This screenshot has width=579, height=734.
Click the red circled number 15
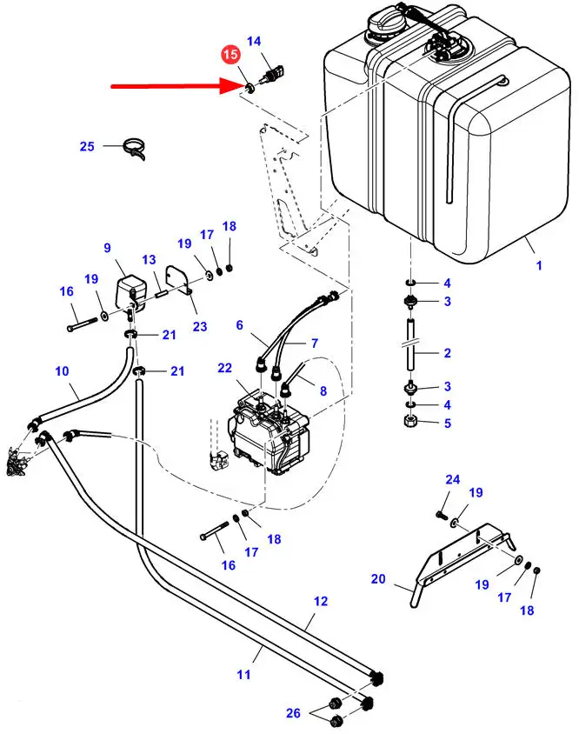tap(230, 55)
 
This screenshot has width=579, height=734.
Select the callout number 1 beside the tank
tap(538, 265)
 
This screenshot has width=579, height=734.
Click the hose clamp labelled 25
tap(132, 148)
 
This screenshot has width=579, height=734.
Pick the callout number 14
tap(254, 41)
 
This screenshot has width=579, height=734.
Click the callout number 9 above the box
tap(108, 248)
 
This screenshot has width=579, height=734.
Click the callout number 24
tap(452, 479)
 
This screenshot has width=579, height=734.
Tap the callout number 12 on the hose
tap(320, 601)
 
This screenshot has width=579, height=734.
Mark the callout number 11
tap(244, 674)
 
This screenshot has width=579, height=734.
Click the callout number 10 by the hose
tap(62, 371)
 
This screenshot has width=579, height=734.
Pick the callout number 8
tap(323, 391)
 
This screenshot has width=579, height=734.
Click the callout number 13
tap(149, 259)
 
